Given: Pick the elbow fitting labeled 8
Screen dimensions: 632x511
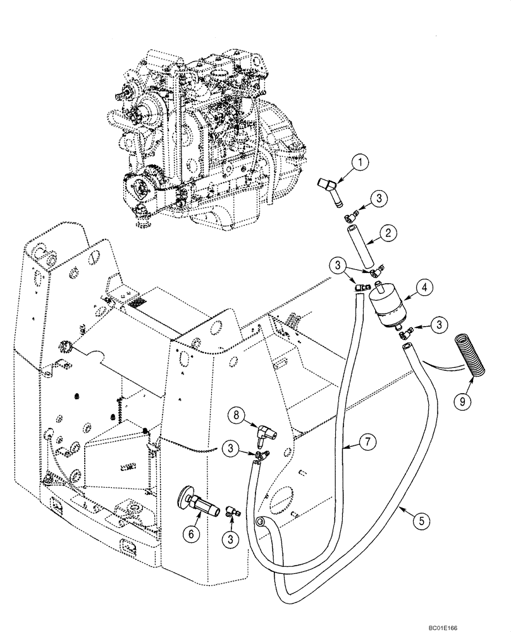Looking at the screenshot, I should point(267,433).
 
